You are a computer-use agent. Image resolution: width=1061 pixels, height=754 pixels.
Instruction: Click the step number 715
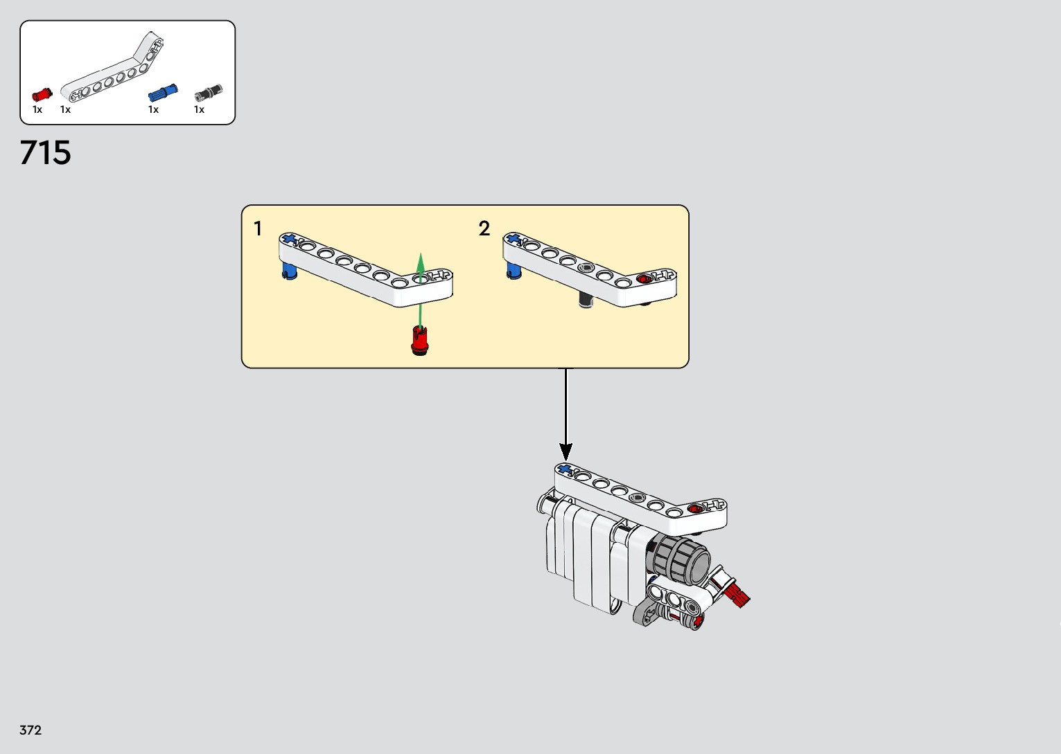(x=46, y=153)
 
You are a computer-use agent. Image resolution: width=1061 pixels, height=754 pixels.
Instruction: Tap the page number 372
(x=30, y=730)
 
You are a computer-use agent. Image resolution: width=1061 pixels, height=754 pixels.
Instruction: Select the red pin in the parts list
(x=42, y=94)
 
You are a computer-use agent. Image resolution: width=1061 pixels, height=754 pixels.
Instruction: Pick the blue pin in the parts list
(x=163, y=93)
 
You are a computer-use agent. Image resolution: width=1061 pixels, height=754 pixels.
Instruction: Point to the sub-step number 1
(x=258, y=228)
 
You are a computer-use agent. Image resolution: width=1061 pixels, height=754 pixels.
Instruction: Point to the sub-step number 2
(x=484, y=228)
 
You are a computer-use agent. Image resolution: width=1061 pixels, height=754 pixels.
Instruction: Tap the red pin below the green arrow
(x=419, y=341)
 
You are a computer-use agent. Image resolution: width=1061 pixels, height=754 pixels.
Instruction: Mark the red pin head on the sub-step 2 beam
(x=645, y=278)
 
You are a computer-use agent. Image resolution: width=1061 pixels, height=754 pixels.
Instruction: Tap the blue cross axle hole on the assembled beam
(x=565, y=470)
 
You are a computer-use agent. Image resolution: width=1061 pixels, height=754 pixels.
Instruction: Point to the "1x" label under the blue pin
(x=153, y=109)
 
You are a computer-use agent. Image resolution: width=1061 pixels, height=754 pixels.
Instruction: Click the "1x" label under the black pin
(x=199, y=109)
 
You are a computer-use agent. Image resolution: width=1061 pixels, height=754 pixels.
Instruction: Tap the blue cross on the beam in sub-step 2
(x=514, y=239)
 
